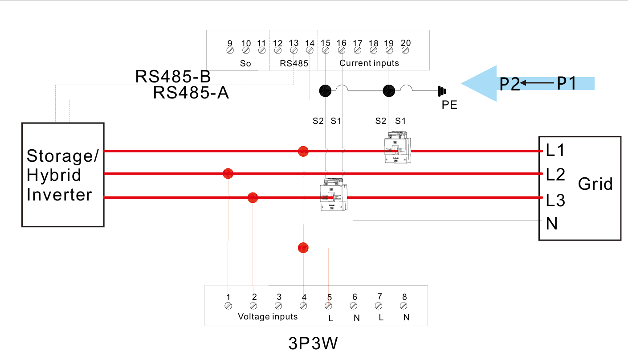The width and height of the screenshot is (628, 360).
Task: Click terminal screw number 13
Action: pos(294,51)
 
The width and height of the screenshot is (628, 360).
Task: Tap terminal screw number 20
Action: pos(405,51)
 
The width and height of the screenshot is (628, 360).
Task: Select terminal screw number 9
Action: pos(230,51)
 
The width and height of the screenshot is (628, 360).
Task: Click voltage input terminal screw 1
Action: pos(228,306)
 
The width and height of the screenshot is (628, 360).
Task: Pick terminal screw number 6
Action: pos(354,306)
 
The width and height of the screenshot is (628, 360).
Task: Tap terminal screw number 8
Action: pos(404,306)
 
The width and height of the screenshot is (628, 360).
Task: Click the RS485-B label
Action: pos(173,77)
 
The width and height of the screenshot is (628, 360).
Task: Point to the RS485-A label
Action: pos(191,93)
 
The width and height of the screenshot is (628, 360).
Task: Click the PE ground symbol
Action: pos(442,91)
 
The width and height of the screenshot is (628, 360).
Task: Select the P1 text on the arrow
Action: pos(566,83)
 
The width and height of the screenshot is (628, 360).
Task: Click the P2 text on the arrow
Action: pos(510,84)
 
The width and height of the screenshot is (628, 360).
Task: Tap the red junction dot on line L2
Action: pos(228,173)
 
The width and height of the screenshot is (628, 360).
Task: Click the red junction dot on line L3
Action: pos(253,197)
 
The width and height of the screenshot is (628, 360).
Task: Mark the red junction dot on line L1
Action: pos(303,151)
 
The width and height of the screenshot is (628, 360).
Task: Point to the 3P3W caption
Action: pos(314,344)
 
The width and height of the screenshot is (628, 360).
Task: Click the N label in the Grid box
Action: pos(552,224)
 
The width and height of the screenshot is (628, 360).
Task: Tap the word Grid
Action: pos(595,184)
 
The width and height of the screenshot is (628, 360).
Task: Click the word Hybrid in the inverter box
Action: pos(54,175)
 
